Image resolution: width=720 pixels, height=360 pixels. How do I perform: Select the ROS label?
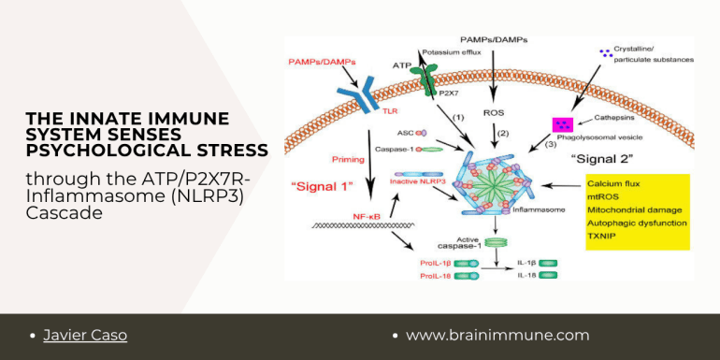pyautogui.click(x=495, y=111)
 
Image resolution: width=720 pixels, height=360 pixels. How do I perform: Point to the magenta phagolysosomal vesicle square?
pyautogui.click(x=565, y=124)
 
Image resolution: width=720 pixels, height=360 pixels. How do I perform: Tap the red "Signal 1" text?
pyautogui.click(x=322, y=186)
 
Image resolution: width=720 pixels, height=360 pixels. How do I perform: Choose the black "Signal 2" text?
pyautogui.click(x=602, y=160)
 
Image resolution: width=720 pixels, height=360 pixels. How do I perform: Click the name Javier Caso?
pyautogui.click(x=85, y=335)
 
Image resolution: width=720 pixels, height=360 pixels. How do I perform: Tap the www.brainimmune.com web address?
pyautogui.click(x=497, y=335)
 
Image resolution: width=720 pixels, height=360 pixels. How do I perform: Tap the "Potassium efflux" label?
pyautogui.click(x=452, y=52)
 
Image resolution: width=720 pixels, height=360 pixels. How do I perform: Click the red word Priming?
pyautogui.click(x=348, y=160)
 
